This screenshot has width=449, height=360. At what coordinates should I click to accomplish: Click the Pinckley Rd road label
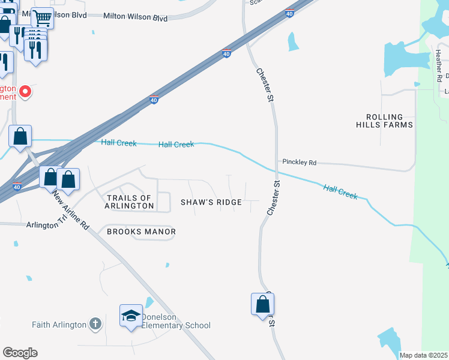click(299, 163)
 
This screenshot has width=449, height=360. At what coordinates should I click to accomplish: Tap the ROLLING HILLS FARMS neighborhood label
click(390, 121)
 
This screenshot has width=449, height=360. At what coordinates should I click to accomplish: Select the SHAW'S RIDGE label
click(211, 203)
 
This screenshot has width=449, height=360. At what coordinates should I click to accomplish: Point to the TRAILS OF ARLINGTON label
click(130, 202)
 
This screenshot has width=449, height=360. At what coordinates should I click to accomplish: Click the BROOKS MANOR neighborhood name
click(141, 232)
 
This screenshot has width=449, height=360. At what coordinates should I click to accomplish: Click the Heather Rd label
click(439, 66)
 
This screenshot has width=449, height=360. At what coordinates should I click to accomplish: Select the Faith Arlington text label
click(60, 325)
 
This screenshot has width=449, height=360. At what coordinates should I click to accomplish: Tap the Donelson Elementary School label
click(175, 321)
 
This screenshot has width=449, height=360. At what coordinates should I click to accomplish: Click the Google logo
click(20, 353)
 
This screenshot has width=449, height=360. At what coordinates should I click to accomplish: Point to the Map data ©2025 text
click(424, 355)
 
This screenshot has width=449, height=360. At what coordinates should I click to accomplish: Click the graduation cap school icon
click(131, 316)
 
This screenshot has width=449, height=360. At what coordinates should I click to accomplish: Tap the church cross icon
click(95, 325)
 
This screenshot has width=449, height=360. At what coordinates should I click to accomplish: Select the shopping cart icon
click(42, 18)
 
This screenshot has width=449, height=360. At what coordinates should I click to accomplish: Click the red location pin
click(25, 92)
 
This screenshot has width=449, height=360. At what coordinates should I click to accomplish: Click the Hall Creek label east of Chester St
click(340, 192)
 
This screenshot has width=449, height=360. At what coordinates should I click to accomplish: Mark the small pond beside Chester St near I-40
click(293, 41)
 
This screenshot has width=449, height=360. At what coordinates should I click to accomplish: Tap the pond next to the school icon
click(149, 303)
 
